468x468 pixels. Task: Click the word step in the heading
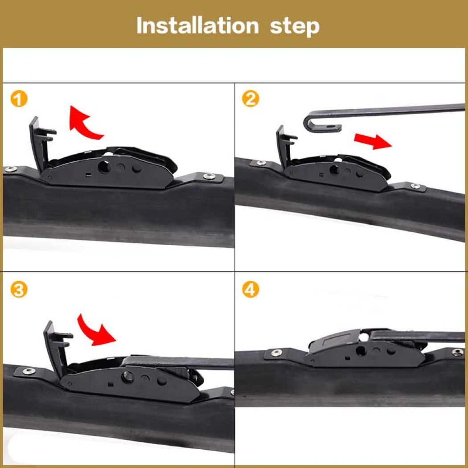pyautogui.click(x=295, y=25)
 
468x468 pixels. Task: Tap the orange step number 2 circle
pyautogui.click(x=250, y=99)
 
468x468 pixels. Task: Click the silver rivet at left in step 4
pyautogui.click(x=275, y=353)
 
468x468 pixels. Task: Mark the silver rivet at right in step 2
pyautogui.click(x=415, y=186)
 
